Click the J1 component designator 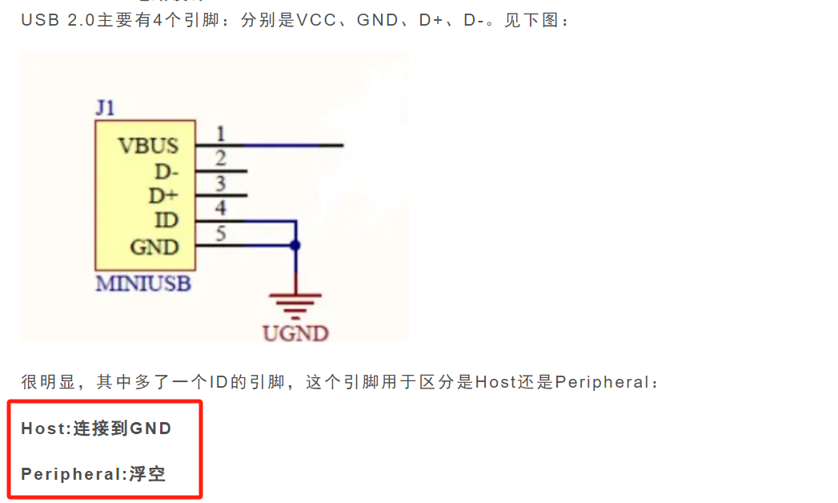point(105,108)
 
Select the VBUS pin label point(148,146)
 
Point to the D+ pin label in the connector point(164,195)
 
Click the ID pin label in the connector point(166,220)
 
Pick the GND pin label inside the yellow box point(154,247)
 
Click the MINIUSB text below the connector point(143,284)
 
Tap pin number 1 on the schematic point(221,134)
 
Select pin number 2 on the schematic point(221,159)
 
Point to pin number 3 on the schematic point(221,183)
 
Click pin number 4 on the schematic point(221,208)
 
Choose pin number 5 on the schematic point(221,234)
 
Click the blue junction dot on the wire point(296,246)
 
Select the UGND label point(296,332)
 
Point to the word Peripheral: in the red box point(74,474)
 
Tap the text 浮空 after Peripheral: point(147,474)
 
